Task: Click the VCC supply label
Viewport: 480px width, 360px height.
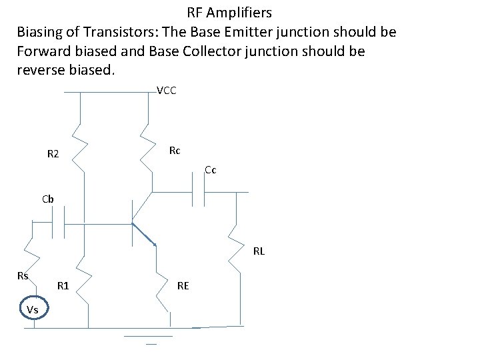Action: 166,91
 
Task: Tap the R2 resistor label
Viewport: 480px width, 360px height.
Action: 53,155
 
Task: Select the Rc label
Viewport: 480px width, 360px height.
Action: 174,151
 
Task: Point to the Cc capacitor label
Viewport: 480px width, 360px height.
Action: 210,170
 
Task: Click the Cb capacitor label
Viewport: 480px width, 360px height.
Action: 48,199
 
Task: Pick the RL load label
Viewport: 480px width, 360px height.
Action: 259,251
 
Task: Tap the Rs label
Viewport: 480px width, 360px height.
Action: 23,275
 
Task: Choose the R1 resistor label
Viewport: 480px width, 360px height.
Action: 63,286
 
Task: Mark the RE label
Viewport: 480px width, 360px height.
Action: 183,286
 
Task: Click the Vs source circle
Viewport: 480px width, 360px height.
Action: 33,309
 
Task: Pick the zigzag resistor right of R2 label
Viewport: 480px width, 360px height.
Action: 80,147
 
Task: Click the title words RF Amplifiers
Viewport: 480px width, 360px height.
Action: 229,13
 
